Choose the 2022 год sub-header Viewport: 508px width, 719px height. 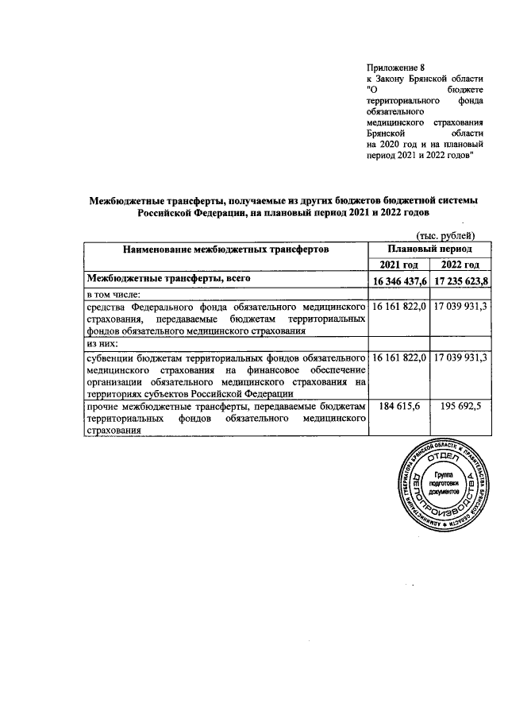coord(460,265)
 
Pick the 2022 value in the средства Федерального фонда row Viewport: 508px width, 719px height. coord(460,306)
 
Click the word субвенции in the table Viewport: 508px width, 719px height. coord(112,358)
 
